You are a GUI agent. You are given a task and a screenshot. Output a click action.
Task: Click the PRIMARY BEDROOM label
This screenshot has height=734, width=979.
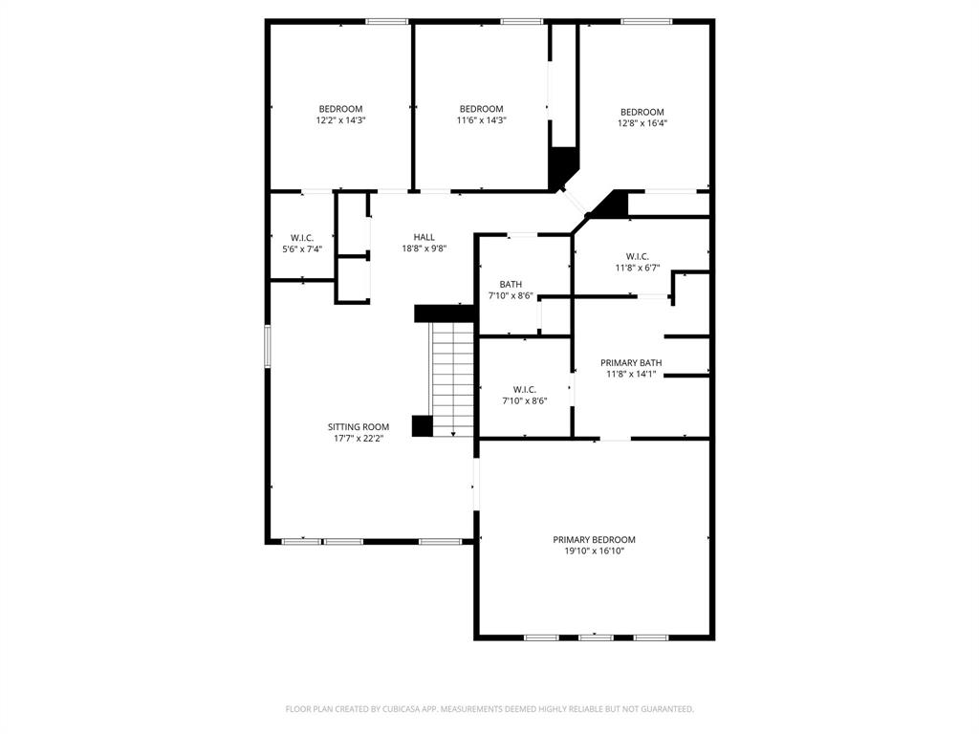click(594, 540)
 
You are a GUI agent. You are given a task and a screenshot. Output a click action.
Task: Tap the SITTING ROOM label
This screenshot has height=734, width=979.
click(359, 427)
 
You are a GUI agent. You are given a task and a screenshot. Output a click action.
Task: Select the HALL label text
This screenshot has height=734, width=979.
click(424, 237)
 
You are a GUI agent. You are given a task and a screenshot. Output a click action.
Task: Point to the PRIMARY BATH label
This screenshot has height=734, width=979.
click(631, 363)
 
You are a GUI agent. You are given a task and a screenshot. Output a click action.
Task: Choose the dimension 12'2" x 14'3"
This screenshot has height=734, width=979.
click(340, 121)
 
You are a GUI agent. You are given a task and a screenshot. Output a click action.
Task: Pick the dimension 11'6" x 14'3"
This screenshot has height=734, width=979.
click(481, 121)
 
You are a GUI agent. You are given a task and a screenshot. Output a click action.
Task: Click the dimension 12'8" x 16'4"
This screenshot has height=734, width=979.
click(642, 123)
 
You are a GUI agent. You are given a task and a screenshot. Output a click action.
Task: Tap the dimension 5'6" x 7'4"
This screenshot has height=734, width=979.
click(302, 249)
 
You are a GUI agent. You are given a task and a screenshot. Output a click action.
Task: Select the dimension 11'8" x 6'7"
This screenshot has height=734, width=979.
click(638, 269)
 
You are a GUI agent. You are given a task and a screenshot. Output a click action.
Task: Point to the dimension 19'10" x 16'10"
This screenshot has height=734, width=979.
click(594, 551)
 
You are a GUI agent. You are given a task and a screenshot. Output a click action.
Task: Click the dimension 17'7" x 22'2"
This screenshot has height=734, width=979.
click(359, 439)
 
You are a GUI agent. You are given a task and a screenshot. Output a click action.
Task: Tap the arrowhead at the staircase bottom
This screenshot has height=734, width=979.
click(453, 434)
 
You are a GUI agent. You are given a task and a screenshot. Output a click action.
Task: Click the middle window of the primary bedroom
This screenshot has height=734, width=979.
click(595, 637)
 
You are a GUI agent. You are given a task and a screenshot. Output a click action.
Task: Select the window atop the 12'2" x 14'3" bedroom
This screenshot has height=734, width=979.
click(387, 21)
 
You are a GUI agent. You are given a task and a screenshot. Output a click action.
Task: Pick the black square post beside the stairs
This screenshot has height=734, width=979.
click(422, 426)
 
